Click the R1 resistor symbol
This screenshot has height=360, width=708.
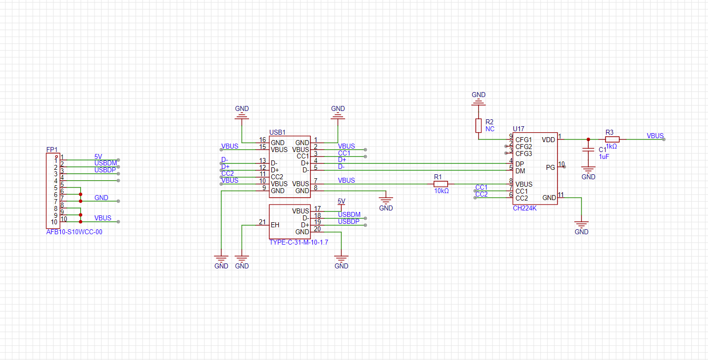click(441, 184)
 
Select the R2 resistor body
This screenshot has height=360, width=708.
click(479, 125)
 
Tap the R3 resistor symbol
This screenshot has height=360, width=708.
click(612, 139)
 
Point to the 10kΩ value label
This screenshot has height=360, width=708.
click(442, 191)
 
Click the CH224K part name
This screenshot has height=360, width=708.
click(525, 208)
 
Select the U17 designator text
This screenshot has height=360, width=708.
click(519, 129)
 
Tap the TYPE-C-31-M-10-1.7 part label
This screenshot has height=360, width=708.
click(299, 243)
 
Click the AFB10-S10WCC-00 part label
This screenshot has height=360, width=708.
click(74, 232)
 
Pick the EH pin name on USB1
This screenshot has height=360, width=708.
click(275, 225)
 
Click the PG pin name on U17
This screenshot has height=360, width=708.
click(551, 167)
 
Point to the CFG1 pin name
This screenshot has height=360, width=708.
click(524, 140)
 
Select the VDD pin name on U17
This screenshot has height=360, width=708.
click(549, 140)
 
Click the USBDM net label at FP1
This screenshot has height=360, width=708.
click(105, 163)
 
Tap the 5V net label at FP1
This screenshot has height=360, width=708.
click(99, 156)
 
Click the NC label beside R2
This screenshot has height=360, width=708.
click(490, 129)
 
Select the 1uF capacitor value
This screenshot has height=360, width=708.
click(604, 157)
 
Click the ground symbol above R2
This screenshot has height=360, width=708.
click(479, 102)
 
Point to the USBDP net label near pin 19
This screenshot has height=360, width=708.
click(349, 221)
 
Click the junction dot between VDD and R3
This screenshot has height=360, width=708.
click(588, 139)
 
